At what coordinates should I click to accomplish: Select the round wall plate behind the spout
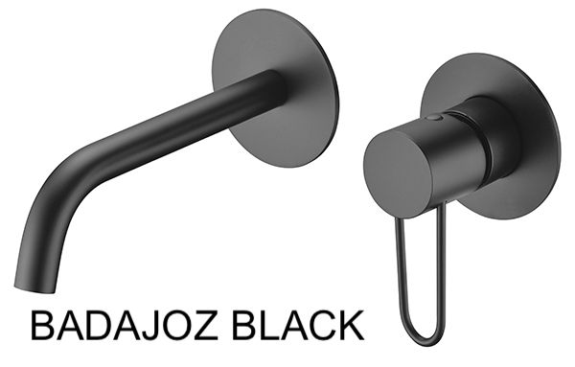[x=276, y=88]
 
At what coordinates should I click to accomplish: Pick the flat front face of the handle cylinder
[x=399, y=173]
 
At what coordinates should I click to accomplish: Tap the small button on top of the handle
[x=434, y=118]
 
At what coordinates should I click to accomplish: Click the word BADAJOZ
[x=125, y=325]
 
